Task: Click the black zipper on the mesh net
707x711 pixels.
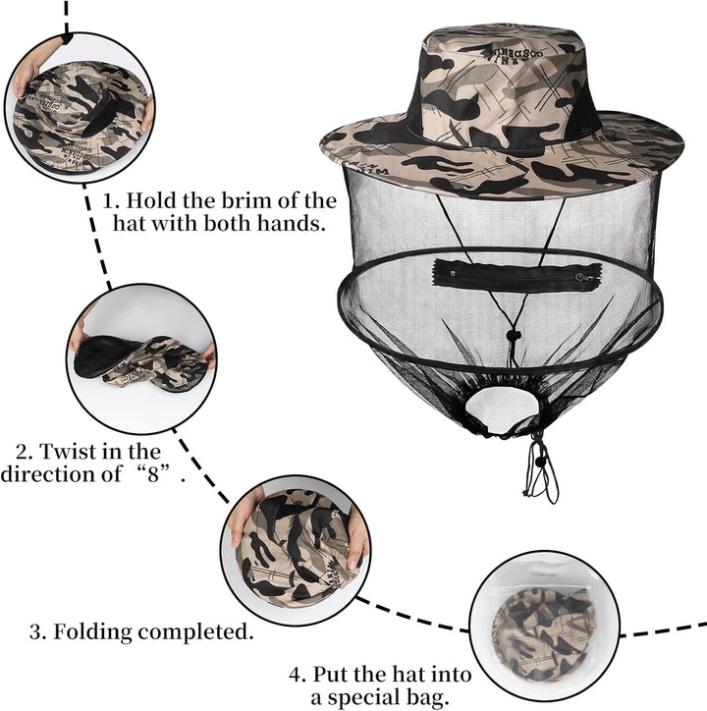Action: coord(517,275)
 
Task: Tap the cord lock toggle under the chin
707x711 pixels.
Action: coord(513,336)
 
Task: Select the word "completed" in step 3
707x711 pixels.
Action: coord(192,631)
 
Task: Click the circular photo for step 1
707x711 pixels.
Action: coord(80,108)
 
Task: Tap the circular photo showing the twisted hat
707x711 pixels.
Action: coord(141,358)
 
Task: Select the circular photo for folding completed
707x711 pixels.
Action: coord(296,550)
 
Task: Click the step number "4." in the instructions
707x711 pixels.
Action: coord(298,676)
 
